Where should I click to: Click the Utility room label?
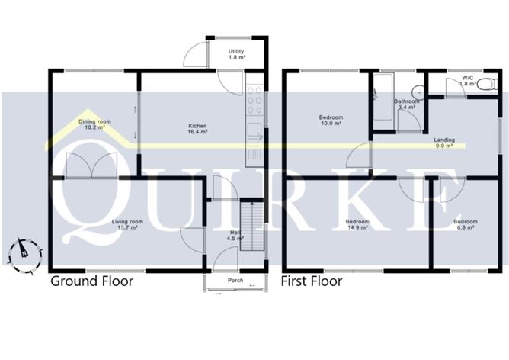click(237, 53)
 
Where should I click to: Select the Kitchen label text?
click(198, 129)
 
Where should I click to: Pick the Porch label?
click(236, 280)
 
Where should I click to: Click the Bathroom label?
click(406, 104)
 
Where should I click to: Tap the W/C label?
click(467, 80)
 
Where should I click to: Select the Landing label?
click(444, 143)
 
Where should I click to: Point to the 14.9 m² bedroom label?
click(357, 224)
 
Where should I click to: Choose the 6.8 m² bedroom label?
click(466, 224)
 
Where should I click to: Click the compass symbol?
click(23, 249)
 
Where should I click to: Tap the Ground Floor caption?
click(91, 281)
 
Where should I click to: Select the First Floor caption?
click(312, 281)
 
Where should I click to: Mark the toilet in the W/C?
click(485, 85)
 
